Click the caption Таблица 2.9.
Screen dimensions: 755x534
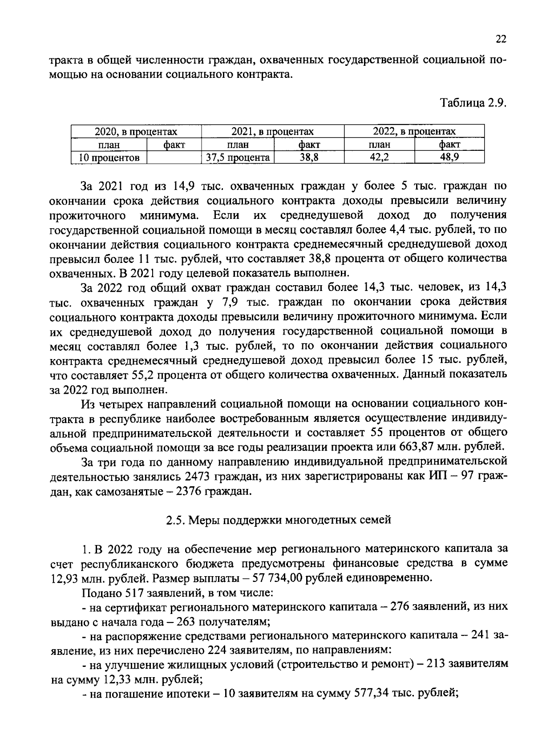[x=473, y=103]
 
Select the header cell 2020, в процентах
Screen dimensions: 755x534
[x=136, y=132]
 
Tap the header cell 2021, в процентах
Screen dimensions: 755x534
[x=272, y=132]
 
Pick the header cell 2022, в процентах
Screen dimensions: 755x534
[x=414, y=132]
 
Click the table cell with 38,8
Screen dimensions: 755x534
[x=309, y=157]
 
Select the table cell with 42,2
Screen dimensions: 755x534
[x=379, y=157]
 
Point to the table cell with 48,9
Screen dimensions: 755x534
[x=449, y=157]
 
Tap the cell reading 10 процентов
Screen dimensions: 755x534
[x=109, y=157]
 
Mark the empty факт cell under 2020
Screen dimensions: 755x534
[x=174, y=157]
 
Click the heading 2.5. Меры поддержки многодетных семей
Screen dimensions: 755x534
[x=279, y=520]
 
